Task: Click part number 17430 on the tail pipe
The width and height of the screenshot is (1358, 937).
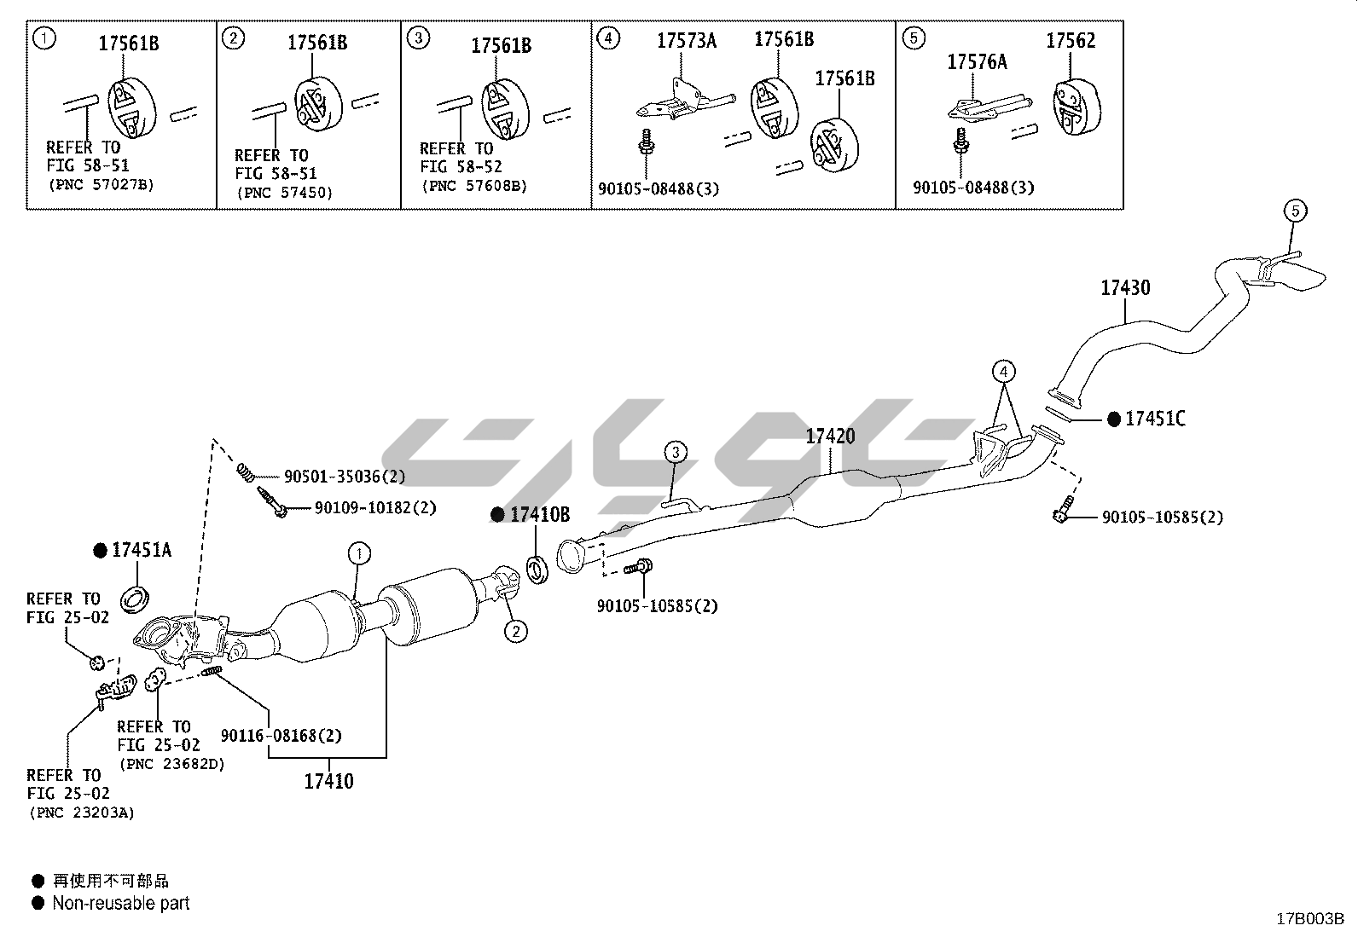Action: coord(1124,288)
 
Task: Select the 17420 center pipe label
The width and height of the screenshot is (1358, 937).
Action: coord(830,437)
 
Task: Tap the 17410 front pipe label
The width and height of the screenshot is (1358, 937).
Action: coord(328,781)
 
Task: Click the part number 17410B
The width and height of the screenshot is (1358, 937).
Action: coord(540,515)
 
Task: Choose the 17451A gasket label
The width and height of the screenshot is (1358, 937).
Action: coord(142,551)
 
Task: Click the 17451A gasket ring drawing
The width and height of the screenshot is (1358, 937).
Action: coord(135,599)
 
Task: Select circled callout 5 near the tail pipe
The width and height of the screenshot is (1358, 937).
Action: coord(1294,211)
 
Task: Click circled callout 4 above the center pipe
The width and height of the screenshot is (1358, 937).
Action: coord(1004,372)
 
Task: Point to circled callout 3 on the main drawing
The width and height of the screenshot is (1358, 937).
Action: coord(675,451)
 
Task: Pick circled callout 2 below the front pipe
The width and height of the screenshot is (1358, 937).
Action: coord(515,631)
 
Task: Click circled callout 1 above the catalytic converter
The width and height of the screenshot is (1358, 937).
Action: coord(359,554)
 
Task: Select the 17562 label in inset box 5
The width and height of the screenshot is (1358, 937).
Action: coord(1071,41)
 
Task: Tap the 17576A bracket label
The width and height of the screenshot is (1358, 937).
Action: coord(977,61)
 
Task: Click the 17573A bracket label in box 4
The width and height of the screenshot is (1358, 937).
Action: coord(686,40)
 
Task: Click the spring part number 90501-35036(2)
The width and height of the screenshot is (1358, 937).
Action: coord(344,477)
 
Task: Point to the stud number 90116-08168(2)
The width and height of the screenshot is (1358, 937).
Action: coord(281,735)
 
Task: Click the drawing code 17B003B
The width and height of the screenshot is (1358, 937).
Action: coord(1309,919)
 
